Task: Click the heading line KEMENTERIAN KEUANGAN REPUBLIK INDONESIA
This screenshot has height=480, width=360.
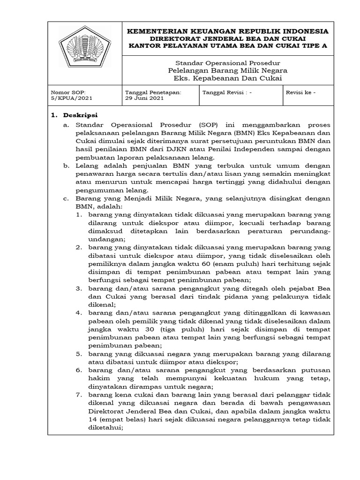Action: point(228,31)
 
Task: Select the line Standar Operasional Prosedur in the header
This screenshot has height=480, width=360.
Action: point(228,63)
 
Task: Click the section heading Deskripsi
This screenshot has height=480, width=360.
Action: point(81,115)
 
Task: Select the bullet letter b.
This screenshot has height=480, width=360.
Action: point(66,166)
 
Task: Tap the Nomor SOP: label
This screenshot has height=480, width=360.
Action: point(67,92)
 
